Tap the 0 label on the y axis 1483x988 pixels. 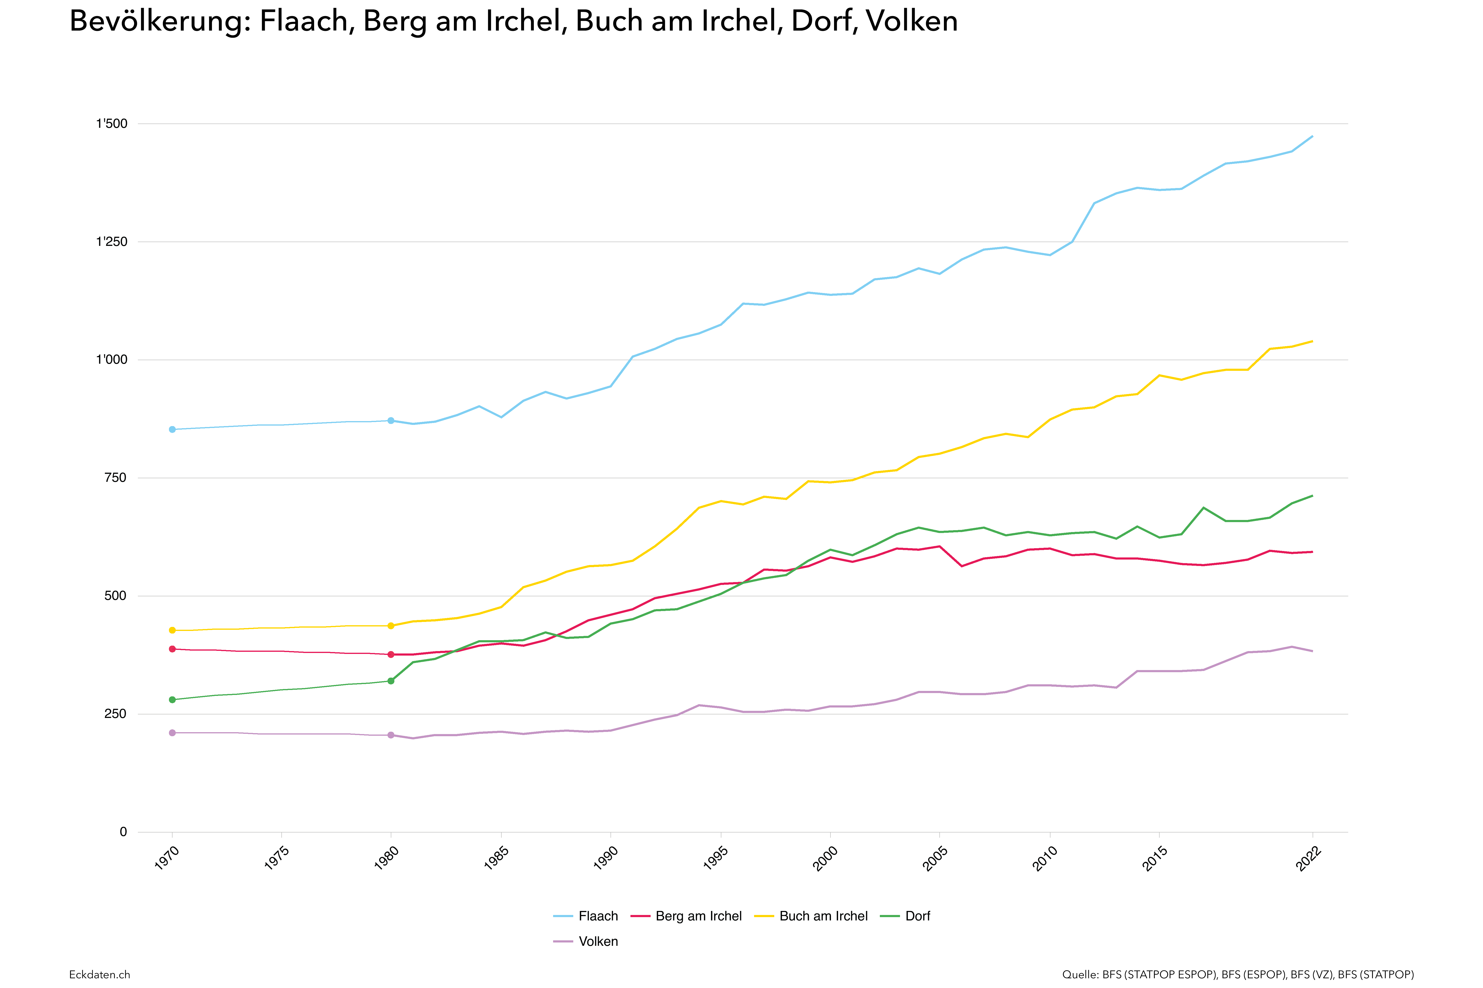[123, 832]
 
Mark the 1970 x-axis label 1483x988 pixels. [167, 859]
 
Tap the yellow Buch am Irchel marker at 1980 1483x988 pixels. [391, 626]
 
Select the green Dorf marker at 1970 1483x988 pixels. [172, 699]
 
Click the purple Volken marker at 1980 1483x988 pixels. [391, 735]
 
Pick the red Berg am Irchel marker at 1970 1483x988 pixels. [172, 649]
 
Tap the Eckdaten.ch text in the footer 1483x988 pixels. [100, 974]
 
